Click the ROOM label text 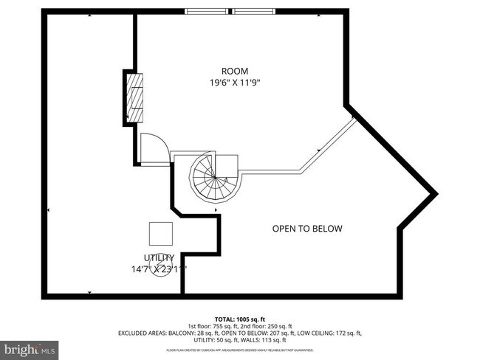pos(234,71)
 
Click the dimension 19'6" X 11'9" pos(234,83)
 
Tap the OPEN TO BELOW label pos(307,229)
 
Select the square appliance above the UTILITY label pos(161,233)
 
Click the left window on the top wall pos(208,12)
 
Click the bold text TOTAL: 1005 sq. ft pos(240,319)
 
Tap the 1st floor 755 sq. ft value pos(212,326)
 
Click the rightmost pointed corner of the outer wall pos(436,193)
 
